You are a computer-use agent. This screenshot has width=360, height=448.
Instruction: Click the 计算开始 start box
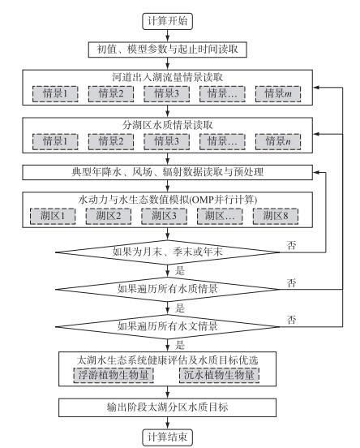tap(167, 21)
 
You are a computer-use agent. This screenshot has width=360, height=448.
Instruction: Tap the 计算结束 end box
tap(167, 437)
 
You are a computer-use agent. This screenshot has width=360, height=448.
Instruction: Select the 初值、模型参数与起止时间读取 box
tap(167, 50)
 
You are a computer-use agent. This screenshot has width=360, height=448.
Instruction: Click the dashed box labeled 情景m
tap(278, 93)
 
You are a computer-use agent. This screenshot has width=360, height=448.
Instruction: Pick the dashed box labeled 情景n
tap(278, 141)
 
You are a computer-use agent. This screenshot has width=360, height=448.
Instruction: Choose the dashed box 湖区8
tap(276, 216)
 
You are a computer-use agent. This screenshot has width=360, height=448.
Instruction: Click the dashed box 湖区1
tap(53, 216)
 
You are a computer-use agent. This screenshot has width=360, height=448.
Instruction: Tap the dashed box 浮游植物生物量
tap(114, 375)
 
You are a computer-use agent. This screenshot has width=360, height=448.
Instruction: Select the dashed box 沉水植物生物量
tap(219, 375)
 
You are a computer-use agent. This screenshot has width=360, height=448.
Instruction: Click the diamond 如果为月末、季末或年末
tap(167, 252)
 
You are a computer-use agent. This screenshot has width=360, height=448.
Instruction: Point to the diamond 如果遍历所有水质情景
tap(167, 289)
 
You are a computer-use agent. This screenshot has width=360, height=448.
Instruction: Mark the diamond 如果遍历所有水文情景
tap(167, 326)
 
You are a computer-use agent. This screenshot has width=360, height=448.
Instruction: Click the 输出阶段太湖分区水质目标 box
tap(167, 407)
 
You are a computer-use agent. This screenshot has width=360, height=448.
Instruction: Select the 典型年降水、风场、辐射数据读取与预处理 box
tap(167, 172)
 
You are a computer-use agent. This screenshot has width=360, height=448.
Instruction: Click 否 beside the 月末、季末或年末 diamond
tap(291, 245)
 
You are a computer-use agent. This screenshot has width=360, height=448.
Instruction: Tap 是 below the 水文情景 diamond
tap(179, 345)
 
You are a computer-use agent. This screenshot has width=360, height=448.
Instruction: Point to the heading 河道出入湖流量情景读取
tap(167, 77)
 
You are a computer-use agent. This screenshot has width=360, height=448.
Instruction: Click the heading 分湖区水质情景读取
tap(167, 125)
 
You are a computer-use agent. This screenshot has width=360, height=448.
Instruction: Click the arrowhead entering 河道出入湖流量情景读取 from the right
tap(316, 87)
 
